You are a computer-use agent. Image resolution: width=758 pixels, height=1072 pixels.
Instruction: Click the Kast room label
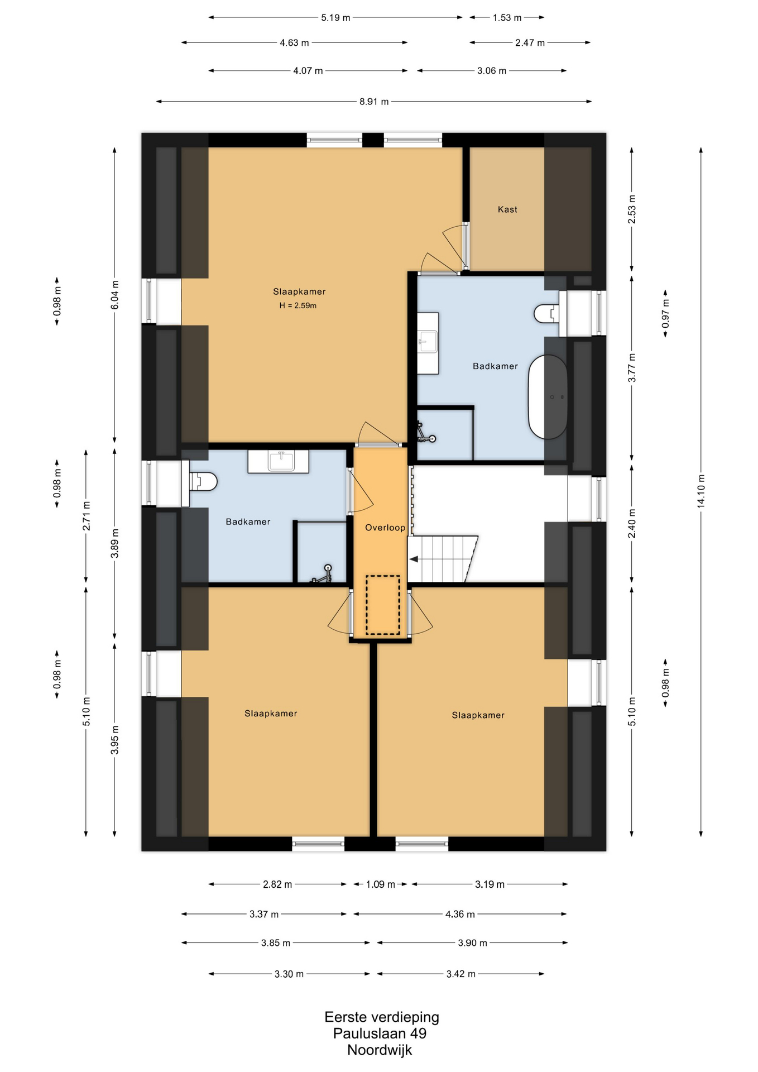coord(507,209)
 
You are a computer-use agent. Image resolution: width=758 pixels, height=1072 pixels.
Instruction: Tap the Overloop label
coord(385,528)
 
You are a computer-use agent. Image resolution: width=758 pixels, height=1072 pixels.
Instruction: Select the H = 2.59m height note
coord(298,305)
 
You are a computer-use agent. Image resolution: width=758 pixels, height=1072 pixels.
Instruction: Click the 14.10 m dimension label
coord(701,491)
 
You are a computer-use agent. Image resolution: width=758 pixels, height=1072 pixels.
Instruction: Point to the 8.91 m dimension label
coord(374,102)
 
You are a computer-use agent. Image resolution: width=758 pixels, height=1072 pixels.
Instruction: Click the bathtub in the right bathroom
coord(548,397)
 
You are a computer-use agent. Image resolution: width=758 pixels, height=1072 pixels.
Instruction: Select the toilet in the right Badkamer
coord(548,314)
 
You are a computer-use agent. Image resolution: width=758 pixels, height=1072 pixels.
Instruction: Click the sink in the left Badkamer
coord(279,461)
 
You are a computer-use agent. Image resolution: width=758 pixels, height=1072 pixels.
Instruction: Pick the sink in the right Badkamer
coord(428,343)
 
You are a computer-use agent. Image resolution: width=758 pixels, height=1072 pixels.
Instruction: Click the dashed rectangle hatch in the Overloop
coord(383,605)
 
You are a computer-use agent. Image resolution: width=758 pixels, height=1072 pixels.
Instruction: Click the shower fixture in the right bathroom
coord(426,433)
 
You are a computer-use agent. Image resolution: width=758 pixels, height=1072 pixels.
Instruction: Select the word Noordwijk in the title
coord(380,1050)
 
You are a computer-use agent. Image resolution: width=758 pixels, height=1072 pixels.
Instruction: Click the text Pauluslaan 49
coord(380,1033)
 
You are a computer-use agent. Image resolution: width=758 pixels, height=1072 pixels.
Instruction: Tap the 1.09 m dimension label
coord(381,884)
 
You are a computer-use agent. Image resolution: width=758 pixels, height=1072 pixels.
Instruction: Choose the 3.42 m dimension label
coord(460,974)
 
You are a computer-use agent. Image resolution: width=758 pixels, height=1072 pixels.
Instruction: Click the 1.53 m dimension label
coord(507,18)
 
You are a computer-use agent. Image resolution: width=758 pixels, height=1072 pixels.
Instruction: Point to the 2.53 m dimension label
coord(632,209)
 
